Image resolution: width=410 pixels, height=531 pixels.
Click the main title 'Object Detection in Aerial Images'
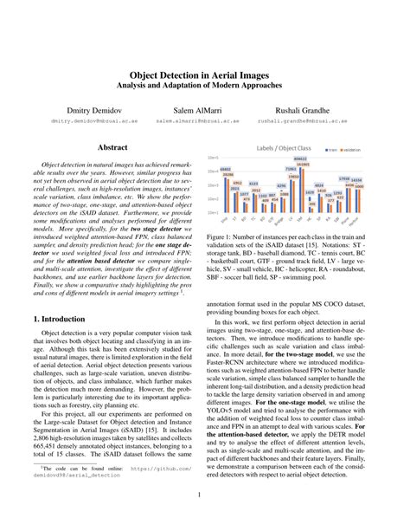(204, 75)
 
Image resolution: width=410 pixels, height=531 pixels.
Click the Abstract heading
(114, 148)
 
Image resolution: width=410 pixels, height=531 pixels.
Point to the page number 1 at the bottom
(205, 495)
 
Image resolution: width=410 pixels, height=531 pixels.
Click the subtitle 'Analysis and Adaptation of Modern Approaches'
(204, 87)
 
